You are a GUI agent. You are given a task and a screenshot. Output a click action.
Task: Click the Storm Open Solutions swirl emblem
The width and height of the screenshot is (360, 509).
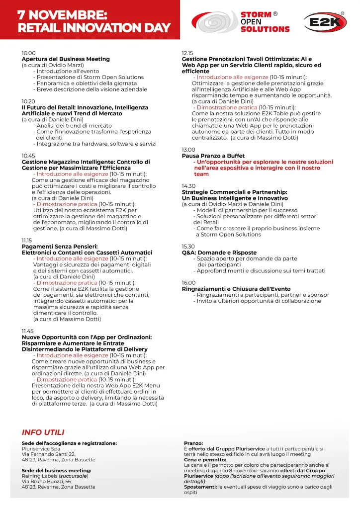[215, 22]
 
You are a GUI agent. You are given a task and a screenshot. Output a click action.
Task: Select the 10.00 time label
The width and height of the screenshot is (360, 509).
[28, 53]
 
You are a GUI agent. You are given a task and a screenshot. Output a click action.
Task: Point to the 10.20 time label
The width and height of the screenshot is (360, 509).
[28, 101]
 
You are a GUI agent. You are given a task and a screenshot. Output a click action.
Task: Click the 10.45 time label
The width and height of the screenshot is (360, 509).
[28, 156]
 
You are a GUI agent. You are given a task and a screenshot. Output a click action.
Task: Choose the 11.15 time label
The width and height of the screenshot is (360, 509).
[28, 240]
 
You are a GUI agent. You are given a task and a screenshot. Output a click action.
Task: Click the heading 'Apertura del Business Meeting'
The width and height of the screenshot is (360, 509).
[66, 59]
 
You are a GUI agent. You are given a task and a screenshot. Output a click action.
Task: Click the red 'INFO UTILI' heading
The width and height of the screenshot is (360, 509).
[43, 432]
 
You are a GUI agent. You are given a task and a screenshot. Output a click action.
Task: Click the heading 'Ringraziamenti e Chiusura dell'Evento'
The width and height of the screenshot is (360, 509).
[236, 289]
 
